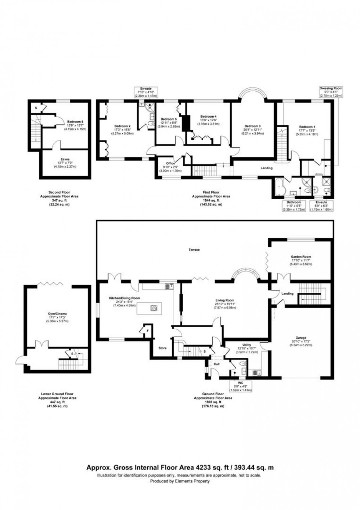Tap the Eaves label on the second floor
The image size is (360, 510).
coord(65,159)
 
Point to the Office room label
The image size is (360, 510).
coord(170,163)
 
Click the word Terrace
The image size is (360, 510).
coord(194,250)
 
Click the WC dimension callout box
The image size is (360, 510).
coord(240,386)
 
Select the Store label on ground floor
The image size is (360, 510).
coord(162,348)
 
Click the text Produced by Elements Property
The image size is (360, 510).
coord(180,481)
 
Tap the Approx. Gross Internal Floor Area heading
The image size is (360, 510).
coord(180,468)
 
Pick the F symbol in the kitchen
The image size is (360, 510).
coord(147,331)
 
